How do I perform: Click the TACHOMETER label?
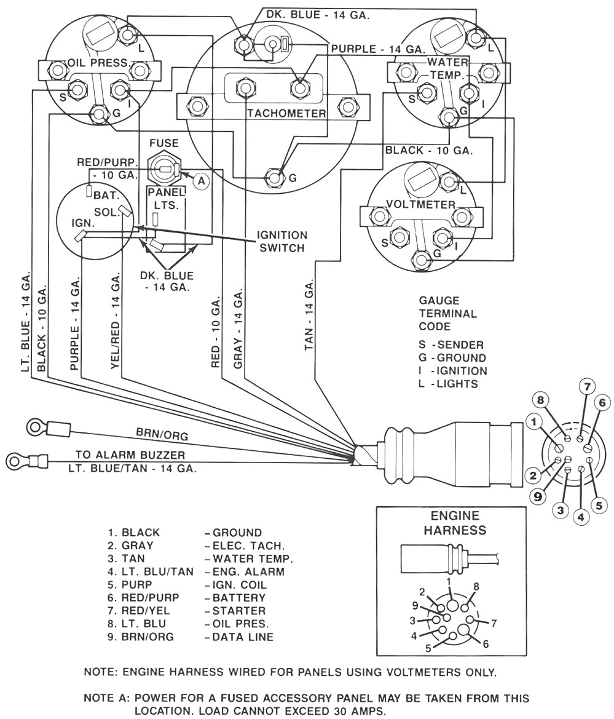[x=286, y=114]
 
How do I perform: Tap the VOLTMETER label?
[x=421, y=204]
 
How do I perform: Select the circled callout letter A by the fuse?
[x=200, y=180]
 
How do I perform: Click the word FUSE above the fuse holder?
[x=163, y=143]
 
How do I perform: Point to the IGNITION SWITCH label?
[x=282, y=242]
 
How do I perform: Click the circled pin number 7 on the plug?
[x=587, y=387]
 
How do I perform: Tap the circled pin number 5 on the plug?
[x=600, y=503]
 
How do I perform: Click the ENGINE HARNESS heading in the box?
[x=454, y=523]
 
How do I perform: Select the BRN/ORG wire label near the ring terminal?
[x=162, y=435]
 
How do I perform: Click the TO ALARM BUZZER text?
[x=130, y=455]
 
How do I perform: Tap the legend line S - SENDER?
[x=451, y=344]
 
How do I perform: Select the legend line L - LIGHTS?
[x=448, y=383]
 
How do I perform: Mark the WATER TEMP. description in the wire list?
[x=252, y=558]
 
